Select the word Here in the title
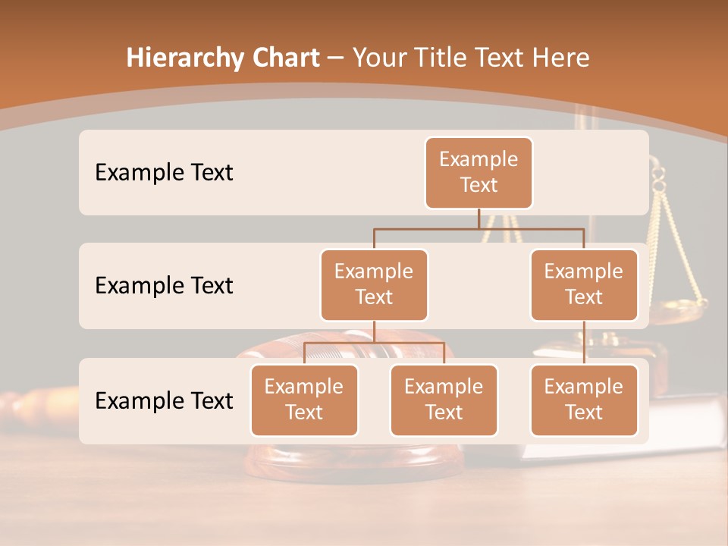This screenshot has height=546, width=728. [x=558, y=58]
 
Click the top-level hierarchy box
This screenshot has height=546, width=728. [x=479, y=173]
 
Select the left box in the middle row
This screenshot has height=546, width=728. [x=374, y=285]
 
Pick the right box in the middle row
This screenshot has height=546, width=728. [x=584, y=285]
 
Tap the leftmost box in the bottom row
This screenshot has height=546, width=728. [x=304, y=400]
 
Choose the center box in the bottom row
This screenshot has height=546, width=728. [x=444, y=400]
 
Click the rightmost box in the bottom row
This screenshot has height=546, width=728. [x=584, y=400]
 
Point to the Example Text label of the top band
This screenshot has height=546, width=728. [x=164, y=173]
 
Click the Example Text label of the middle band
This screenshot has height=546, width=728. [x=164, y=286]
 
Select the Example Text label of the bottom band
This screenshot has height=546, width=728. [x=164, y=400]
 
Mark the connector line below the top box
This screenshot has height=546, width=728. [x=479, y=218]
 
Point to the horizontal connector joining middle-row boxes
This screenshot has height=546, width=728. [x=479, y=228]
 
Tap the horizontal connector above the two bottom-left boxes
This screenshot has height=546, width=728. [x=374, y=343]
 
